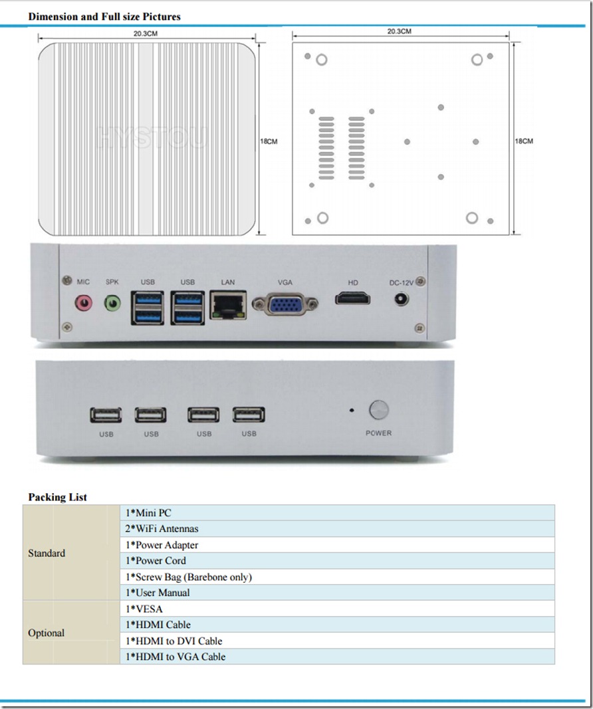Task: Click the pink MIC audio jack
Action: tap(83, 303)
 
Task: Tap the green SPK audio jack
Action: tap(113, 303)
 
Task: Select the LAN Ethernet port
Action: tap(228, 304)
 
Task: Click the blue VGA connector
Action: tap(285, 304)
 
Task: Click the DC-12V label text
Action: tap(401, 283)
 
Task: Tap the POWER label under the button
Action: tap(378, 433)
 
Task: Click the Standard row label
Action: tap(47, 553)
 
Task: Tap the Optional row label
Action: tap(46, 633)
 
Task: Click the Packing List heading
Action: tap(57, 497)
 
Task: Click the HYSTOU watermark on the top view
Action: tap(153, 138)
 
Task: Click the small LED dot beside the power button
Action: tap(352, 410)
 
